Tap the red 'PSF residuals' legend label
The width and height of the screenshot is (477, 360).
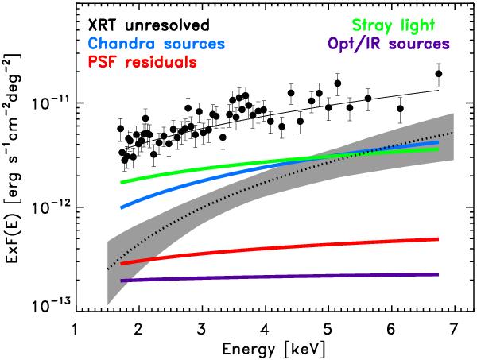pyautogui.click(x=144, y=60)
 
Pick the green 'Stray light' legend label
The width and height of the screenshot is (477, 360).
pyautogui.click(x=402, y=25)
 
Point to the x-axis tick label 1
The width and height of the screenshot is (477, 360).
pyautogui.click(x=75, y=327)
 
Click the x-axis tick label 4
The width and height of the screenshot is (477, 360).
pyautogui.click(x=264, y=327)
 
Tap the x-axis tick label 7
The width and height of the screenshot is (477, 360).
pyautogui.click(x=453, y=327)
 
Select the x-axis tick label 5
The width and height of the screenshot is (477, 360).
pyautogui.click(x=327, y=327)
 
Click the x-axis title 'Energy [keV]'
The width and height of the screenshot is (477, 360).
pyautogui.click(x=264, y=347)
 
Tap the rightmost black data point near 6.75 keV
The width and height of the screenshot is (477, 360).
pyautogui.click(x=438, y=74)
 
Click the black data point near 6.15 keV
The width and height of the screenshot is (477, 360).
pyautogui.click(x=401, y=108)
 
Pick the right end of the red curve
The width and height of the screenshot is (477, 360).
pyautogui.click(x=438, y=238)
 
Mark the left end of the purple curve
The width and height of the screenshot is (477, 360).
pyautogui.click(x=122, y=281)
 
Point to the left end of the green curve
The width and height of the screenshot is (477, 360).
pyautogui.click(x=122, y=183)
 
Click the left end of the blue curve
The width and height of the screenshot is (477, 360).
pyautogui.click(x=122, y=207)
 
